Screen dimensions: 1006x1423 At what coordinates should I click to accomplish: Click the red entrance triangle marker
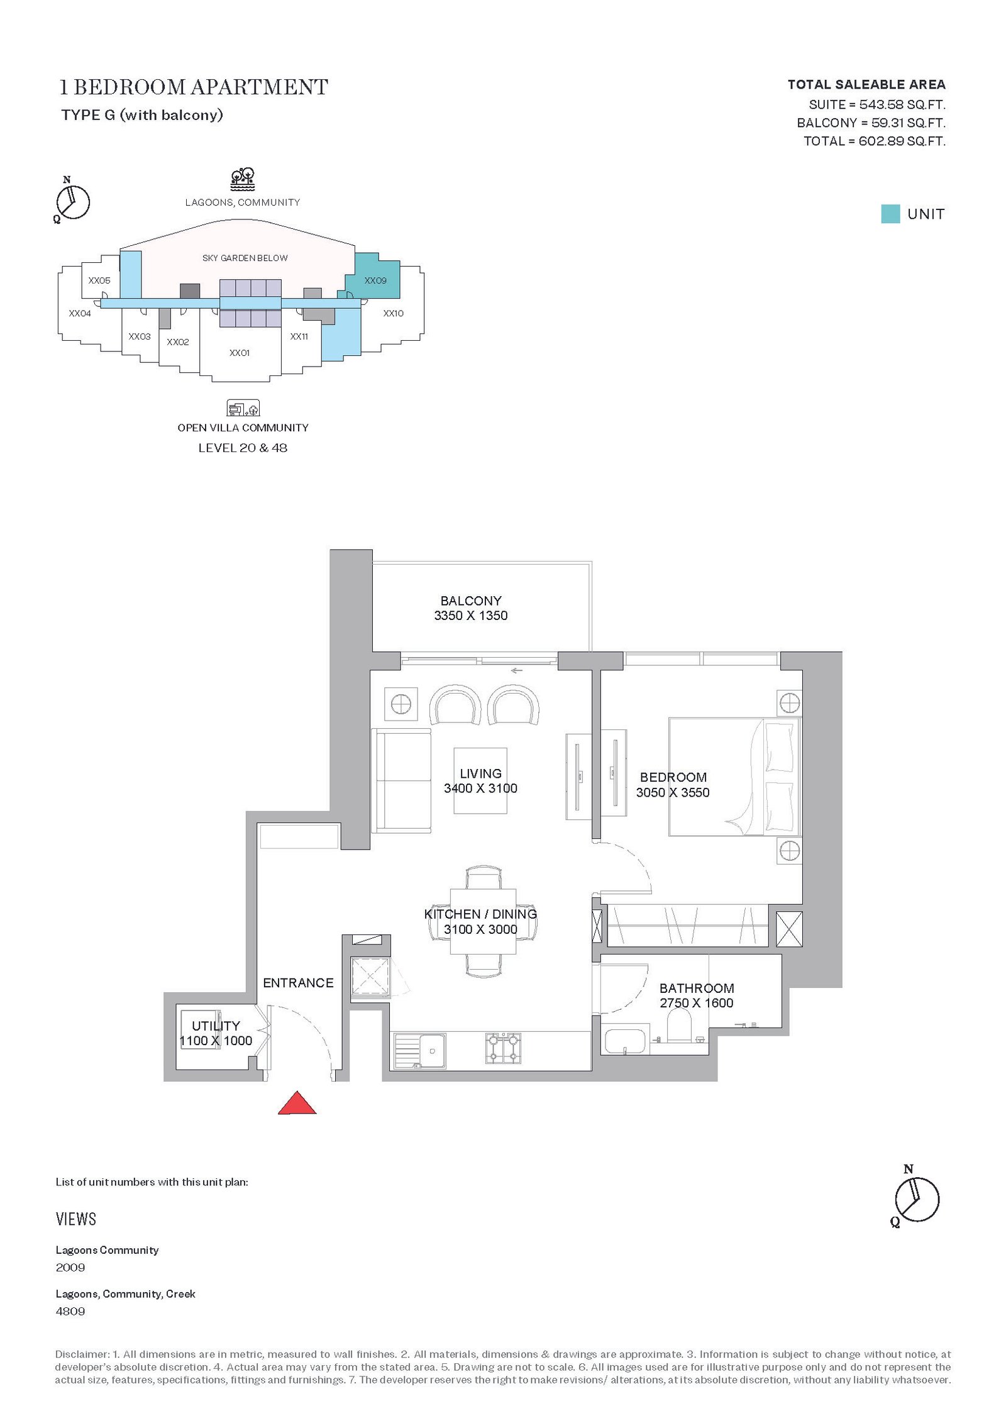point(297,1103)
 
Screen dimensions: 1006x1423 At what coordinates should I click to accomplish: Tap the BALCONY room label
point(471,601)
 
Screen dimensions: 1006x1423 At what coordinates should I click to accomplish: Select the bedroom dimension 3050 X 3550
point(673,792)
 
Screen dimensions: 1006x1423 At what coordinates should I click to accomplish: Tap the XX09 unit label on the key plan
point(375,280)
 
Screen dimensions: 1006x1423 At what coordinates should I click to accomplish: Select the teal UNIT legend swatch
point(890,214)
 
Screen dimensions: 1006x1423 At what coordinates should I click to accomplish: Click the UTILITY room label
point(216,1026)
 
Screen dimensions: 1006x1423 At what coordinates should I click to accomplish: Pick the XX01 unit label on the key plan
point(240,353)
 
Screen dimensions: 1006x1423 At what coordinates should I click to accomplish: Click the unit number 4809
point(70,1311)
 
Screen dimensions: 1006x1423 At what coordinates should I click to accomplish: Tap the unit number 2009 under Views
point(70,1267)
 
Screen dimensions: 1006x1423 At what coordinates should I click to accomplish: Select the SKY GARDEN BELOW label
point(245,258)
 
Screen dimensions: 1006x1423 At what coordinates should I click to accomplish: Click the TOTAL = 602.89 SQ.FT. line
point(875,141)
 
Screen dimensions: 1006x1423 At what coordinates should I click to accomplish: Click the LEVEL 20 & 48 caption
point(243,448)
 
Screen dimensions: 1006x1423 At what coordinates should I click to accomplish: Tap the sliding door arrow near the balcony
point(516,670)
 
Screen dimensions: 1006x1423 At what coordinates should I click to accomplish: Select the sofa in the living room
point(401,780)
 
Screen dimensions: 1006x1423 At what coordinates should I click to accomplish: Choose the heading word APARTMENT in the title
point(260,87)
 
